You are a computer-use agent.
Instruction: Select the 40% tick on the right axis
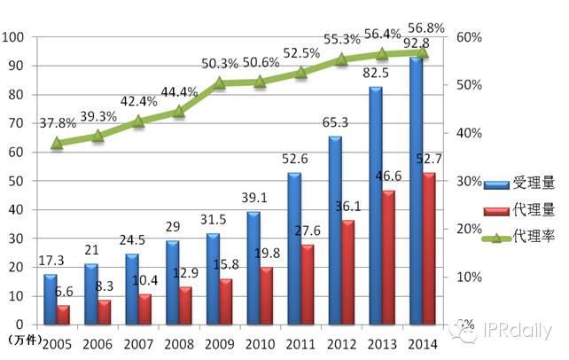[470, 133]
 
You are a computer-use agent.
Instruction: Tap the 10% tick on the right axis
[470, 277]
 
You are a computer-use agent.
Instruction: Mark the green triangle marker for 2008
[178, 111]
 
